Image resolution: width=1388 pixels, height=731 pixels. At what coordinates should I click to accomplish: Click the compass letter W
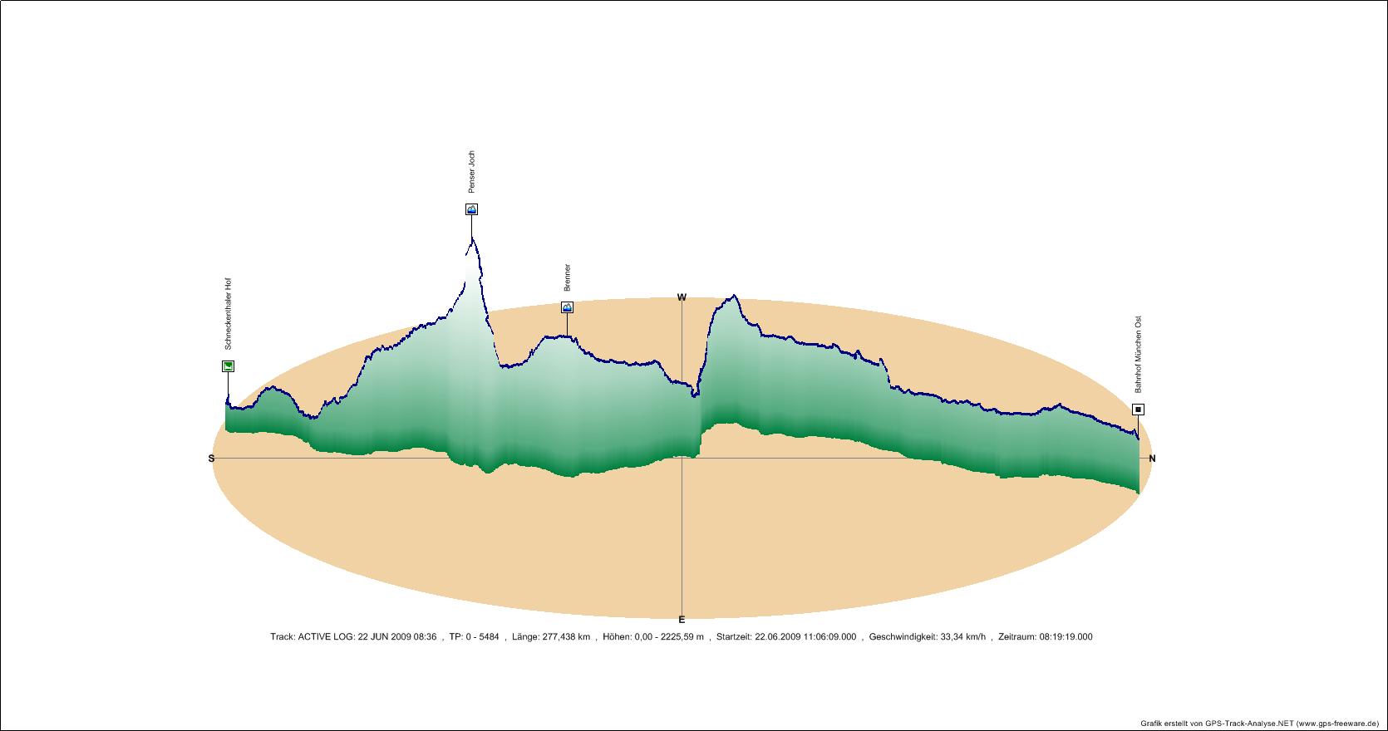[682, 297]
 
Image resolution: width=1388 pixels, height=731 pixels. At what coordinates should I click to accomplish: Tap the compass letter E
[682, 619]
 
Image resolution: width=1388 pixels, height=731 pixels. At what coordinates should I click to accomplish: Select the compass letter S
[211, 459]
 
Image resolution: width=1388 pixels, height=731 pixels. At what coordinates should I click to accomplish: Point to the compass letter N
[1152, 459]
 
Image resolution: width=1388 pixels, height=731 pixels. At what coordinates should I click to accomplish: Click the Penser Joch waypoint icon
[471, 209]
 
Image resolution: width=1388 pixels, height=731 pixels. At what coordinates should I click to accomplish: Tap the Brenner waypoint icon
[567, 307]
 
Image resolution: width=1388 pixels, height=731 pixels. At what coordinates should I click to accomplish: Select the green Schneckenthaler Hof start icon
[228, 366]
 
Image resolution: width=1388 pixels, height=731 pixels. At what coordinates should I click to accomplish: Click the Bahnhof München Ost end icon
[1138, 410]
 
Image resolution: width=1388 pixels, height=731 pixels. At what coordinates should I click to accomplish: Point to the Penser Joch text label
[472, 172]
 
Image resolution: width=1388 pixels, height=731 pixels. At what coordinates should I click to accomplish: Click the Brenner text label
[568, 277]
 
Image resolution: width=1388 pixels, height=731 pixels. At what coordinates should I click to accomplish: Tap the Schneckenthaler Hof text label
[229, 314]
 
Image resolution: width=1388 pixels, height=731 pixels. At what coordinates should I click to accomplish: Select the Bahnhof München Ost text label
[1139, 354]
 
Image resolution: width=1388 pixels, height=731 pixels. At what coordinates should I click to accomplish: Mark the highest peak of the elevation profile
[472, 238]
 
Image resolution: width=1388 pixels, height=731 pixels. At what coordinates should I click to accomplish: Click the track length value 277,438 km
[563, 637]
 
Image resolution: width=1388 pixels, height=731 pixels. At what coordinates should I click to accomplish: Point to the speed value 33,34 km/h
[962, 637]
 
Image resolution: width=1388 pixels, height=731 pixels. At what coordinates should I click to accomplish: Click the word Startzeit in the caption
[733, 637]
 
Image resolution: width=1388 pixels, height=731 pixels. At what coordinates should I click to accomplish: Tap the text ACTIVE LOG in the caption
[326, 637]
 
